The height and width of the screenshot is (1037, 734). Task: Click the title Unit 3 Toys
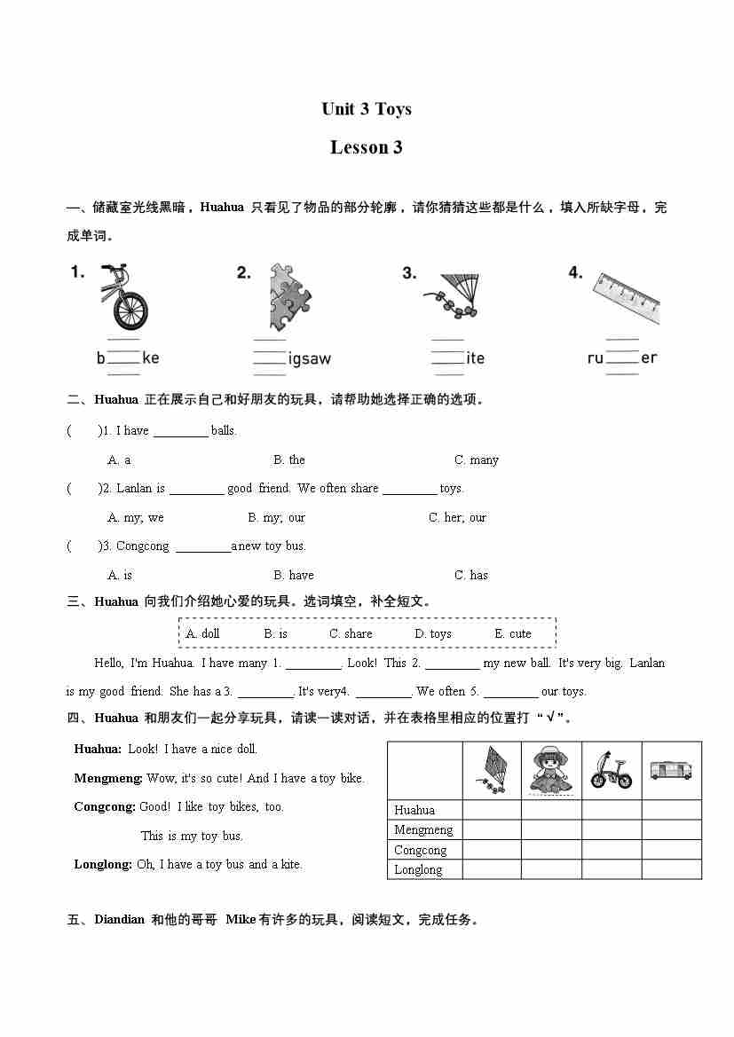point(367,109)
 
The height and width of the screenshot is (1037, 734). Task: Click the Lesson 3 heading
point(367,147)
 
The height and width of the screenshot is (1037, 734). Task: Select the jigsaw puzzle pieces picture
point(289,296)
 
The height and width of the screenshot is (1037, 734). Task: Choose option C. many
point(477,460)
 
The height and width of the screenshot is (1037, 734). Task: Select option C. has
point(471,575)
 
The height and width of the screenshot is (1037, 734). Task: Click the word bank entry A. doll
point(202,633)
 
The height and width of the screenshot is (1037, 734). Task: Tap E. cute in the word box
point(513,633)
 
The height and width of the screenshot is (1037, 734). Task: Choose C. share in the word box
point(351,633)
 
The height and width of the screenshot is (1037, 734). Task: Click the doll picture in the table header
point(551,770)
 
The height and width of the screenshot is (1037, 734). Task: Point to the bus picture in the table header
point(671,770)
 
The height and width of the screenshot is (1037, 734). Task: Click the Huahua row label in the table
point(414,810)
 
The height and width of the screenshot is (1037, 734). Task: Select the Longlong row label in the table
point(418,869)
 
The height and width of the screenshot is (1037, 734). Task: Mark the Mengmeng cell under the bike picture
point(612,829)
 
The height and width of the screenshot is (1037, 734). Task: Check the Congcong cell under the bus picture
point(671,850)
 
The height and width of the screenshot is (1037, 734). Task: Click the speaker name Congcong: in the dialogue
point(105,806)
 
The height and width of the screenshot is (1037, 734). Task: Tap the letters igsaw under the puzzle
point(310,358)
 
